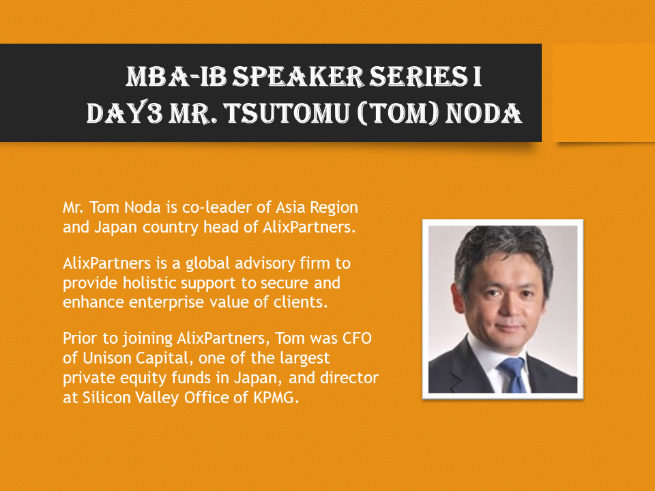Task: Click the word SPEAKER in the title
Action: pyautogui.click(x=298, y=77)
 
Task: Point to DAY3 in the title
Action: pyautogui.click(x=124, y=113)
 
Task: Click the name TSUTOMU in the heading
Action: pyautogui.click(x=286, y=113)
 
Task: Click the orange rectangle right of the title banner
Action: pyautogui.click(x=604, y=93)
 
